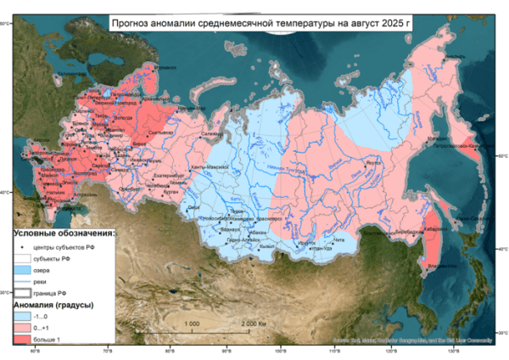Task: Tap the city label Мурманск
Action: [x=165, y=66]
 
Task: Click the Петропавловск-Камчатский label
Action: [x=466, y=145]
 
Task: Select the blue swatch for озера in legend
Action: [x=22, y=268]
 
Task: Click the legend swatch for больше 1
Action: [x=22, y=338]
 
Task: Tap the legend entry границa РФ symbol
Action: [x=22, y=291]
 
